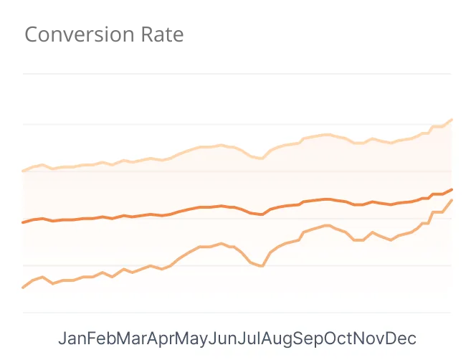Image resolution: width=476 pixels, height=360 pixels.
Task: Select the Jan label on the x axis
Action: pos(72,338)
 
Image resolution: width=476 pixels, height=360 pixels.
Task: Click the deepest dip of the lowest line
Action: pos(262,266)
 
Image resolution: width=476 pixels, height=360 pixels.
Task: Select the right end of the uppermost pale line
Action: pos(452,120)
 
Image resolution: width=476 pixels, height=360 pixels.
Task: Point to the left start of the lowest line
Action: pos(24,288)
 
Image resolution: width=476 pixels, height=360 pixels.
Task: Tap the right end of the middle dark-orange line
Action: pos(452,189)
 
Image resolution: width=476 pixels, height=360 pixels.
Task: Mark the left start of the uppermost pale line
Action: pos(24,171)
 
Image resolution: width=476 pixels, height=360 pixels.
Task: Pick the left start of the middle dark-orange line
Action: pos(24,222)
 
